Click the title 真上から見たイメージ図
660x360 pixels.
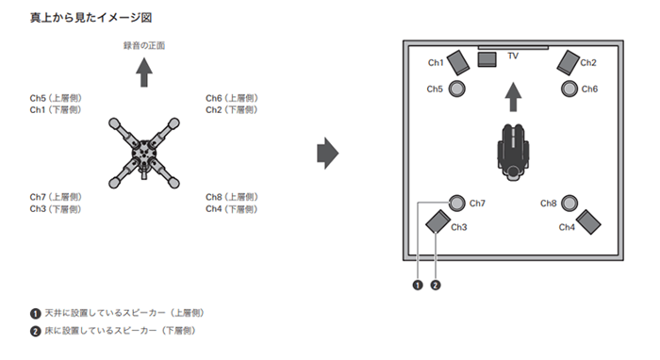[91, 18]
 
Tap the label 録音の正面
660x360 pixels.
[144, 45]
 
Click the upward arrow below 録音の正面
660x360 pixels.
[144, 73]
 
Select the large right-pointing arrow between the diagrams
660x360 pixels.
[327, 153]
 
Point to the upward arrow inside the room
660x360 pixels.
[513, 97]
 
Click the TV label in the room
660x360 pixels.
[513, 56]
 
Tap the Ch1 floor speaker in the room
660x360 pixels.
[458, 62]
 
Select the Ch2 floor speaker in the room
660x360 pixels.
[569, 62]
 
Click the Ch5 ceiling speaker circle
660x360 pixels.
[456, 89]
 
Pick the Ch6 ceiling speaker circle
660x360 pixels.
[569, 89]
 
